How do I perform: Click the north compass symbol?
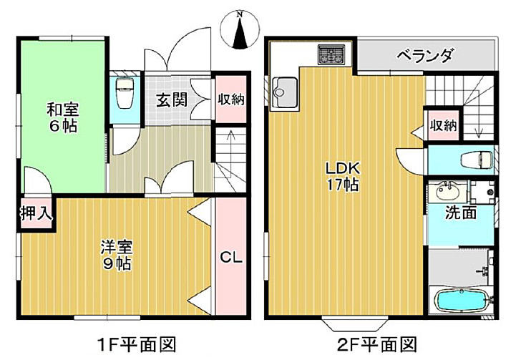pyautogui.click(x=242, y=30)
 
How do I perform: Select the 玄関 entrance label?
pyautogui.click(x=172, y=99)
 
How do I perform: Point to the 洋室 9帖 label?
pyautogui.click(x=115, y=256)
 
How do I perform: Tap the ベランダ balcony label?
pyautogui.click(x=425, y=55)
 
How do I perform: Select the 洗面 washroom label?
pyautogui.click(x=461, y=213)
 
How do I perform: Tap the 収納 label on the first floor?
pyautogui.click(x=231, y=99)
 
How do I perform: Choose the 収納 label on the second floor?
pyautogui.click(x=443, y=125)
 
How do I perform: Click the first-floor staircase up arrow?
pyautogui.click(x=230, y=135)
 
